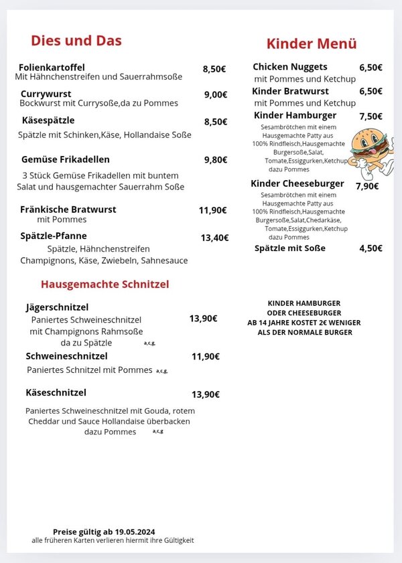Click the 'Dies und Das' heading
coord(76,40)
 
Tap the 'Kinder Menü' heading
coord(312,44)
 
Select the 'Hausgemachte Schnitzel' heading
coord(105,284)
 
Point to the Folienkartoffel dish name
coord(52,68)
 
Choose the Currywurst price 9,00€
coord(216,94)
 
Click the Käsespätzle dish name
coord(48,120)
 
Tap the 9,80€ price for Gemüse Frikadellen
coord(216,160)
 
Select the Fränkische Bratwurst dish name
coord(68,210)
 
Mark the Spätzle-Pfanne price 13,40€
coord(214,238)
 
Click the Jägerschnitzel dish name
coord(57,307)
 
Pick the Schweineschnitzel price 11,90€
coord(206,356)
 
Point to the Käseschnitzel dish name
coord(56,392)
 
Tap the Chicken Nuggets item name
coord(290,67)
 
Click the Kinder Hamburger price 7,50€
coord(371,116)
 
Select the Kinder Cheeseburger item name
coord(297,183)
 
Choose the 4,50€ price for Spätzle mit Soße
coord(371,248)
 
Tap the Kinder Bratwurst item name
coord(290,91)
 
